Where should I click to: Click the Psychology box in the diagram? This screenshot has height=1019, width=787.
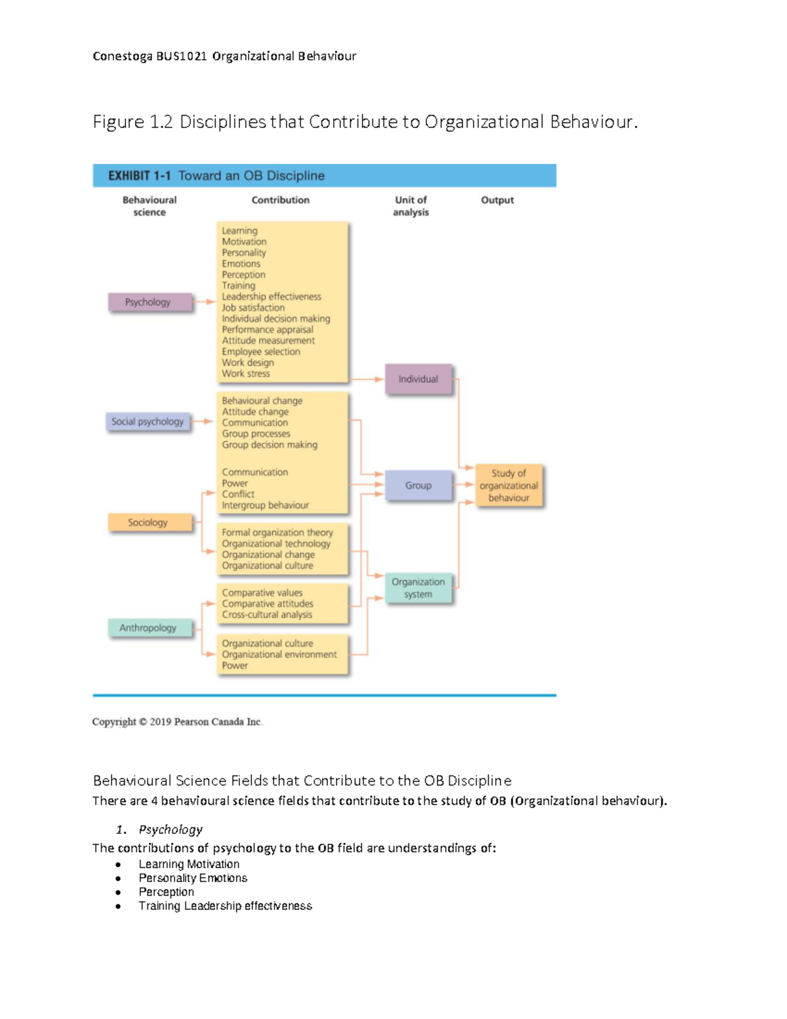coord(150,302)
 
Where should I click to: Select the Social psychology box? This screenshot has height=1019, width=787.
coord(148,421)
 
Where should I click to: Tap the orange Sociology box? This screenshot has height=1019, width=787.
coord(150,522)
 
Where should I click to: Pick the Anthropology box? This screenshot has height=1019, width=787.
coord(150,628)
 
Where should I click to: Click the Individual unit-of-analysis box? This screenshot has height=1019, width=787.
coord(418,379)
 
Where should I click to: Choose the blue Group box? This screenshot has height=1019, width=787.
coord(418,486)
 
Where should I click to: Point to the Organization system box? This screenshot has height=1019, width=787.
coord(418,588)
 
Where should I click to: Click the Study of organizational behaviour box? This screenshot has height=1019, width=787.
coord(509,486)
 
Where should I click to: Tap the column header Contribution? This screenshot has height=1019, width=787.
coord(281,200)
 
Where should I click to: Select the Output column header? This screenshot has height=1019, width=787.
coord(497,200)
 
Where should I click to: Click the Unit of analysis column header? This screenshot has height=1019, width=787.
coord(411,206)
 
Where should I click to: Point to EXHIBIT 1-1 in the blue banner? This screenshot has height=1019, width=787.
coord(140,176)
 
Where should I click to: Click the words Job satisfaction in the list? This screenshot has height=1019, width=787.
coord(253,308)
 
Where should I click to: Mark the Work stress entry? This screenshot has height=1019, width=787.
coord(246,374)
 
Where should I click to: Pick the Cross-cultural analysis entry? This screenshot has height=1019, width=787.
coord(267,615)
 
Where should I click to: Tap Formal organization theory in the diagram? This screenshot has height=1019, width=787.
coord(277,533)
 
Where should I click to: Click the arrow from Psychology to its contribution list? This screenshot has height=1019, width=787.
coord(205,302)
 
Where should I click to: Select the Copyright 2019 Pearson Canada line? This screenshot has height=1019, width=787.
coord(177,722)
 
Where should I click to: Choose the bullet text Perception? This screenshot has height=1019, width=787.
coord(167,892)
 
